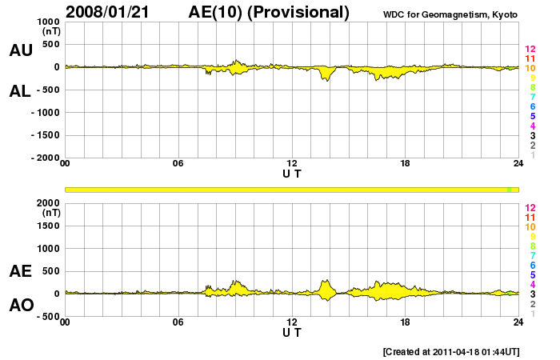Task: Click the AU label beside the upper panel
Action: [x=21, y=50]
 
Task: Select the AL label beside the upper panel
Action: [x=21, y=90]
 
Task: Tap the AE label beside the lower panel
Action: [x=21, y=271]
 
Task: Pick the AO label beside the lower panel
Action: [x=21, y=305]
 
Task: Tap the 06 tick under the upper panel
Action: [x=178, y=164]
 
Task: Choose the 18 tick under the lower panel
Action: [x=406, y=322]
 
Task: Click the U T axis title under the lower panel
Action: [x=292, y=332]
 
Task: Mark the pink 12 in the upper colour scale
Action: [x=530, y=49]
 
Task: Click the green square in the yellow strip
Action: [x=509, y=189]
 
